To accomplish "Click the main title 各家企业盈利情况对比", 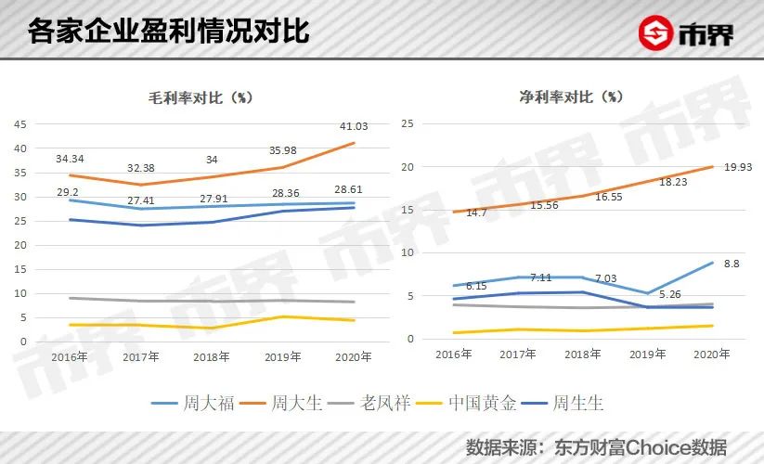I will [x=168, y=32].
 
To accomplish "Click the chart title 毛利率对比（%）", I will [x=201, y=97].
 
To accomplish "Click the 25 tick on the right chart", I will [x=405, y=124].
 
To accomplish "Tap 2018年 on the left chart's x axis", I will [x=212, y=356].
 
